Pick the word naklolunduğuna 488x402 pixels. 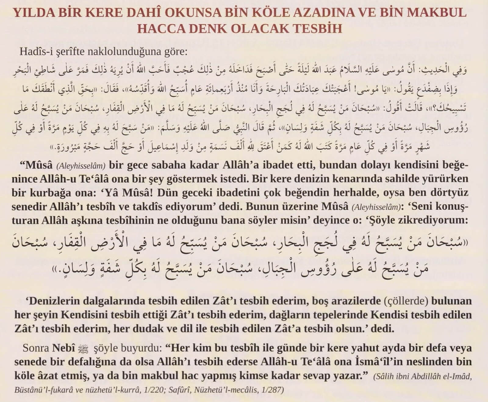coord(133,52)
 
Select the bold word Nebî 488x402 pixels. coord(64,348)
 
